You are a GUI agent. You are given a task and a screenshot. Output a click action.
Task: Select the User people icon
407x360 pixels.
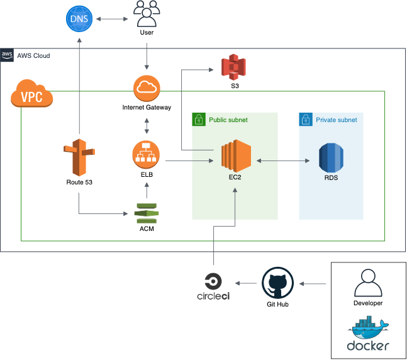click(x=147, y=13)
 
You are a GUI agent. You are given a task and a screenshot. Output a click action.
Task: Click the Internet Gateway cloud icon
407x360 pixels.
click(x=146, y=88)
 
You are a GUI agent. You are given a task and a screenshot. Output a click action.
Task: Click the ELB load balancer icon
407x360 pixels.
click(x=146, y=154)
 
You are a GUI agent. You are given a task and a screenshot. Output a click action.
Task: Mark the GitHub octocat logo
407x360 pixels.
click(x=277, y=283)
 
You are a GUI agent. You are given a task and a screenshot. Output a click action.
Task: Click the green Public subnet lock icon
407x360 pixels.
click(x=198, y=119)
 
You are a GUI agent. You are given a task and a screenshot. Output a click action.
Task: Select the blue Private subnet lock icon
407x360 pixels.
click(x=305, y=119)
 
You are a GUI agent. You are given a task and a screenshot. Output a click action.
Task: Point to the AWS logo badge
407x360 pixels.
click(x=8, y=55)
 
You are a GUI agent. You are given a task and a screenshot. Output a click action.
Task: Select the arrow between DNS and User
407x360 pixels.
click(x=112, y=20)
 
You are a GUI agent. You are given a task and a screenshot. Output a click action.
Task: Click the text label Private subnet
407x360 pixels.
click(x=336, y=120)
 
